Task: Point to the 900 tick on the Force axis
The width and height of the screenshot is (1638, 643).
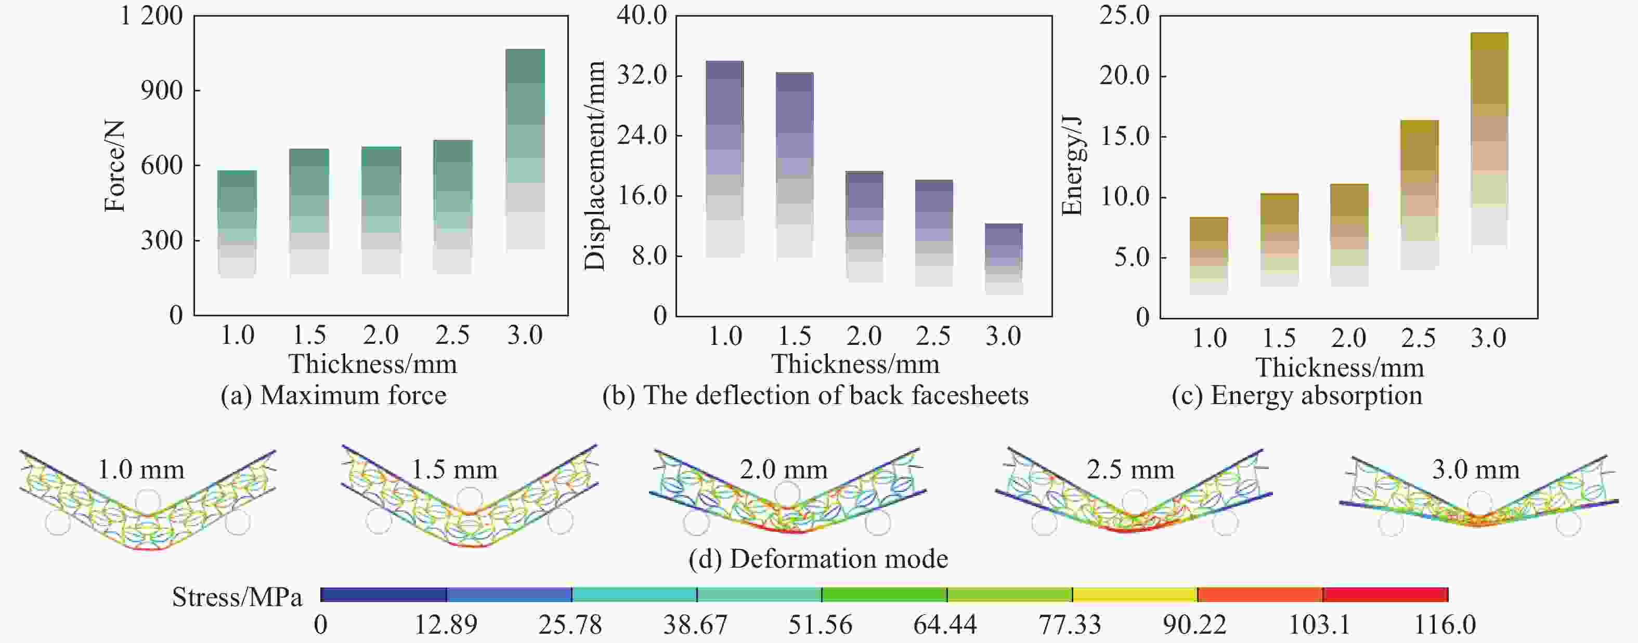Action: pos(161,91)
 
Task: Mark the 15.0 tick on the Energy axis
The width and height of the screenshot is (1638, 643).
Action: pos(1125,137)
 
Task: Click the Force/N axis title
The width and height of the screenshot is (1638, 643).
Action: pos(115,167)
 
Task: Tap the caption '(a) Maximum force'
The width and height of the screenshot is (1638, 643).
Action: pos(333,396)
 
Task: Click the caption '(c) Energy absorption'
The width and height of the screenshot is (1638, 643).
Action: pos(1296,396)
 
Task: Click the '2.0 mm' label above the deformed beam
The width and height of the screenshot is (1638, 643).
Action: pos(784,470)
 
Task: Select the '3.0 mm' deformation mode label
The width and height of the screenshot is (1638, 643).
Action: pos(1475,470)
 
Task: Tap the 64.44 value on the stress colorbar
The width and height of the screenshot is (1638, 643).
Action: pos(945,625)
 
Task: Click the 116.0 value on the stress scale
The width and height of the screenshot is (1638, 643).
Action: pos(1445,625)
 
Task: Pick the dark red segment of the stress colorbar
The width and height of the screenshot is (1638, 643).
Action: pos(1385,595)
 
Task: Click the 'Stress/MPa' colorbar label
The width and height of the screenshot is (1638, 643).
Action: pos(237,597)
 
